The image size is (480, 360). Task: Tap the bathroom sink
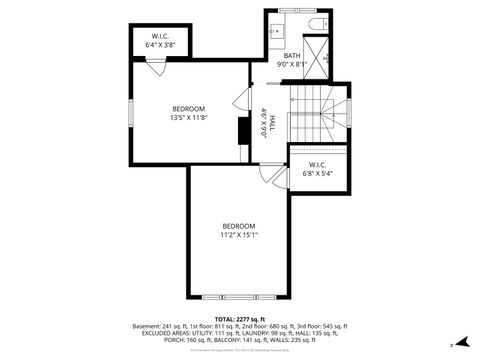277,31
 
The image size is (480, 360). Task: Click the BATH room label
292,56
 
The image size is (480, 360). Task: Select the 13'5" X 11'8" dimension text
188,118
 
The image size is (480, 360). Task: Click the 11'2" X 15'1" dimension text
239,235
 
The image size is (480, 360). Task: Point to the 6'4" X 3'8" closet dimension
160,45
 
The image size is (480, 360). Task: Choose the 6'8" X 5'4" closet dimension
317,173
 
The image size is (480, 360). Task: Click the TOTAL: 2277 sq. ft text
239,318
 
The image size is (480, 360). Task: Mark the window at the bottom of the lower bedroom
239,297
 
